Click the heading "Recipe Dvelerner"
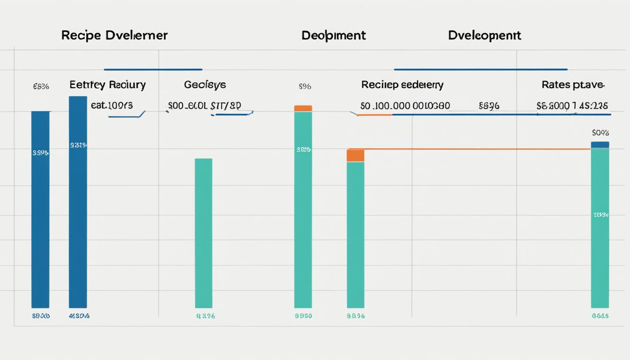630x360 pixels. coord(114,36)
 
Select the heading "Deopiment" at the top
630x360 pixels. coord(334,36)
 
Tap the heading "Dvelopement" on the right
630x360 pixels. coord(484,36)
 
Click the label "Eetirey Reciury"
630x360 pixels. coord(107,85)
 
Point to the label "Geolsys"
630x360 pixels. coord(205,85)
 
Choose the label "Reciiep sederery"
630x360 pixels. coord(402,85)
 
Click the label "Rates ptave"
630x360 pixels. coord(573,85)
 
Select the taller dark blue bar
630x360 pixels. coord(78,202)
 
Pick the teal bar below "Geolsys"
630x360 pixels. coord(203,233)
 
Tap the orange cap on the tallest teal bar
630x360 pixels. coord(303,108)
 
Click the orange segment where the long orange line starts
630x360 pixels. coord(355,156)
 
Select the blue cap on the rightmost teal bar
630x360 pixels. coord(600,145)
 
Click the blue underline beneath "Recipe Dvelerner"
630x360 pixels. coord(153,69)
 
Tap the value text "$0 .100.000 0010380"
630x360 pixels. coord(405,106)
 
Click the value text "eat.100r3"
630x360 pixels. coord(112,105)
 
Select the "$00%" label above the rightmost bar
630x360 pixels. coord(600,133)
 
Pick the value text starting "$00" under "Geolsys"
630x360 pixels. coord(204,106)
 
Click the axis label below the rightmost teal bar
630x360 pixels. coord(600,316)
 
